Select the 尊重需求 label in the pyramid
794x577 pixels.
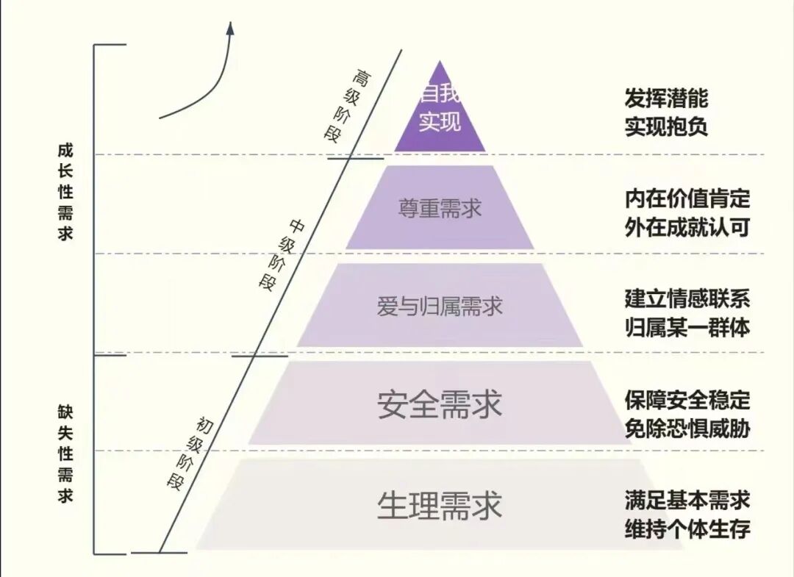[x=440, y=208]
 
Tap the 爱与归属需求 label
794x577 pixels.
[x=440, y=306]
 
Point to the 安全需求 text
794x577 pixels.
[x=440, y=404]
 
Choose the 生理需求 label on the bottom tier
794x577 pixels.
[x=440, y=506]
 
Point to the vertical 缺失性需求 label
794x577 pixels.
[x=65, y=453]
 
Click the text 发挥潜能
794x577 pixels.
[x=666, y=98]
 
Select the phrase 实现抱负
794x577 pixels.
[x=666, y=126]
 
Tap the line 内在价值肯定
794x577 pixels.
[x=687, y=198]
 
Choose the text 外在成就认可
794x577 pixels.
[x=687, y=226]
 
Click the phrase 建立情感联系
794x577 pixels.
[x=687, y=298]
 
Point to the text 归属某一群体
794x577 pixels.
[x=687, y=326]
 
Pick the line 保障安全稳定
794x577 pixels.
[x=687, y=400]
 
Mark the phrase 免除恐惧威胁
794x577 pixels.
[x=687, y=428]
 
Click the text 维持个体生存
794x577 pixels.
[x=687, y=529]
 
